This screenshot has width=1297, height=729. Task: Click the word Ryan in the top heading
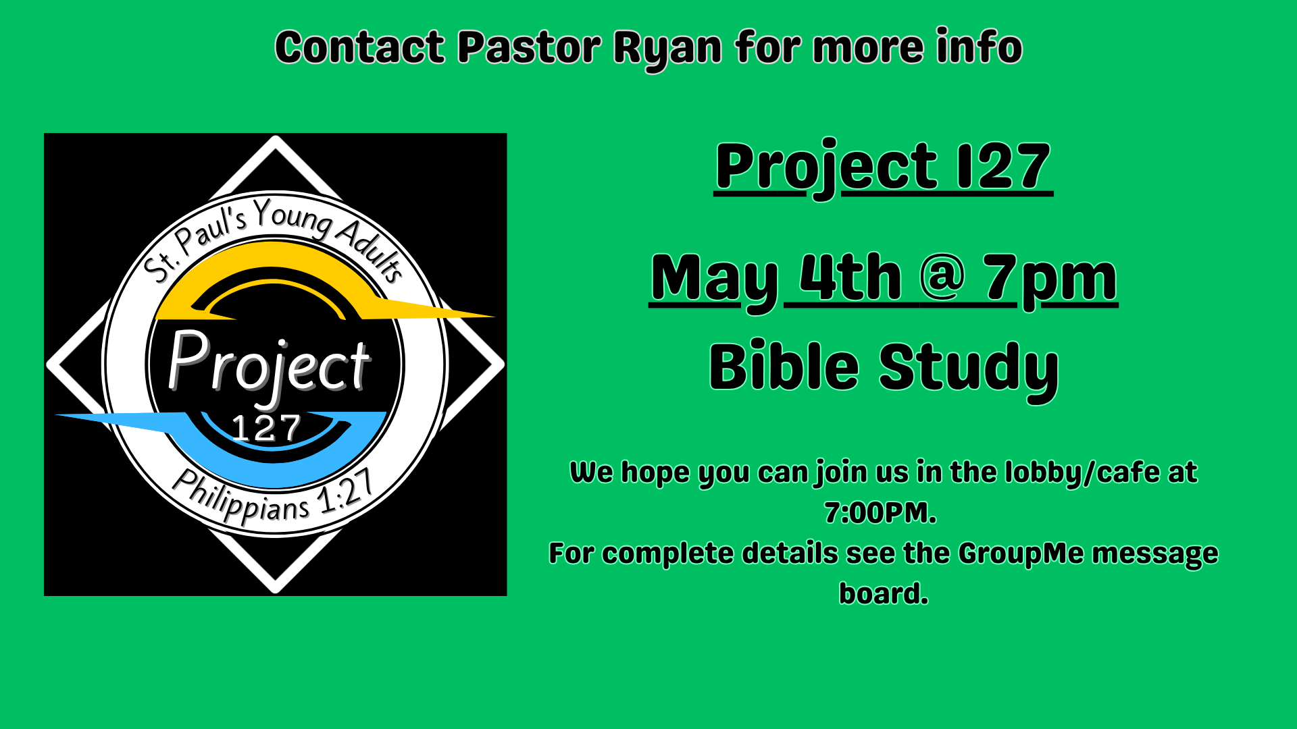[x=667, y=49]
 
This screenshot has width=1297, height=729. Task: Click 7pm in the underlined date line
[x=1050, y=278]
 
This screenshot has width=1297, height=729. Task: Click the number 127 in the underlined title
[x=1003, y=166]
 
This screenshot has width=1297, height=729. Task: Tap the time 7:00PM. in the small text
[x=880, y=513]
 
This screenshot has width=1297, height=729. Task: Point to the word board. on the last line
[x=884, y=594]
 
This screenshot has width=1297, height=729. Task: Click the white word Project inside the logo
[x=269, y=363]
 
